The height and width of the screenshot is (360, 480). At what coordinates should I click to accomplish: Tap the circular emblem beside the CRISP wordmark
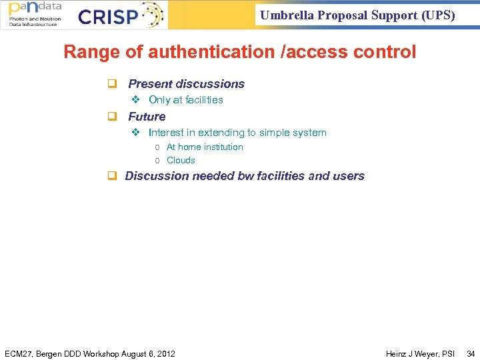pyautogui.click(x=151, y=15)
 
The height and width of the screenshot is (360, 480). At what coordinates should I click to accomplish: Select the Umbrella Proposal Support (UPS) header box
pyautogui.click(x=357, y=15)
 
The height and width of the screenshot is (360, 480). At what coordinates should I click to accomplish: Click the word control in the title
pyautogui.click(x=385, y=52)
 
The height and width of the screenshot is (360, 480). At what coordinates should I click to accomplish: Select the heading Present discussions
pyautogui.click(x=186, y=84)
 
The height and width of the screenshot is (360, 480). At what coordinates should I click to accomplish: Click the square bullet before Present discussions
pyautogui.click(x=113, y=84)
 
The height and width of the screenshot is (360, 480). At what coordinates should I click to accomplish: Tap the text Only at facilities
pyautogui.click(x=185, y=100)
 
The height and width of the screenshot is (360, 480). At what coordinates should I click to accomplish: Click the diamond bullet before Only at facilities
pyautogui.click(x=135, y=100)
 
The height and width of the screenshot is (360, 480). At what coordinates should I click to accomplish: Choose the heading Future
pyautogui.click(x=147, y=117)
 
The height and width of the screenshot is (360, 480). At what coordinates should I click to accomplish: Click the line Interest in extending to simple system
pyautogui.click(x=237, y=133)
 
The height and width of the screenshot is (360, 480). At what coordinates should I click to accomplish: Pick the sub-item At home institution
pyautogui.click(x=205, y=147)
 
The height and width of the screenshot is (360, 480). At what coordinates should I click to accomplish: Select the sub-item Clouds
pyautogui.click(x=181, y=160)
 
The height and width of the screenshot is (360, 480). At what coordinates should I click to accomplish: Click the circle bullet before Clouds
pyautogui.click(x=157, y=161)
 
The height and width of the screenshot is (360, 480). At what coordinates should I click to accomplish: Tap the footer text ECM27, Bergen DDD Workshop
pyautogui.click(x=89, y=353)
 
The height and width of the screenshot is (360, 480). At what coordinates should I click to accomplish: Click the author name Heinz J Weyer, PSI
pyautogui.click(x=420, y=353)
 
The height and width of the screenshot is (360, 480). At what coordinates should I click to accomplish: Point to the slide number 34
pyautogui.click(x=471, y=353)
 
